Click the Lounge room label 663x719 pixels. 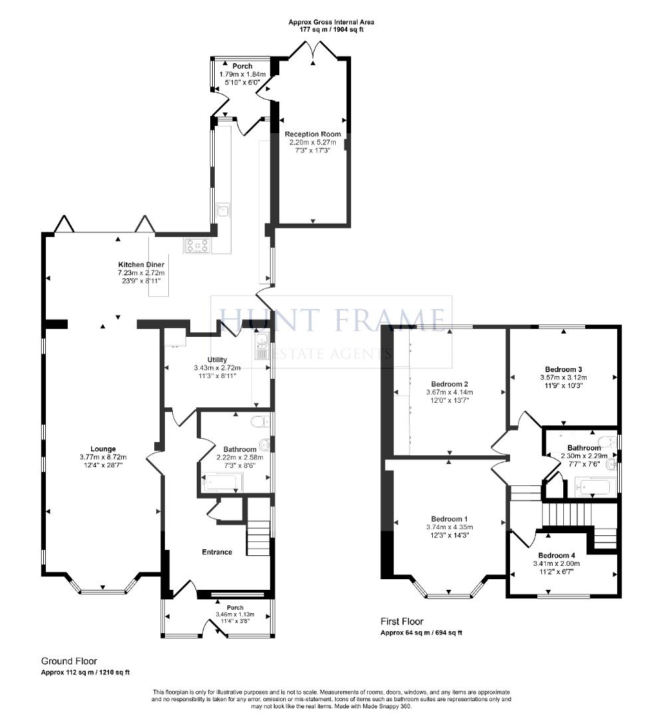(x=103, y=449)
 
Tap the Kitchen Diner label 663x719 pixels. (x=141, y=265)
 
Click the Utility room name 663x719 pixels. (x=217, y=359)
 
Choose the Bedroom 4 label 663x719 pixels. (x=557, y=555)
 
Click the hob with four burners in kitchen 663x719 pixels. (x=198, y=246)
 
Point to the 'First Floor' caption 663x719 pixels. (x=402, y=622)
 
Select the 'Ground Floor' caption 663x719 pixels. (x=69, y=661)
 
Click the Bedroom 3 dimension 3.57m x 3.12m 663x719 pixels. (x=563, y=377)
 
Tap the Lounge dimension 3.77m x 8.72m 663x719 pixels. (x=103, y=457)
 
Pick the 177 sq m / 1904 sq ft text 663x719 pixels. (x=327, y=30)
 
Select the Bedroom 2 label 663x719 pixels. (x=450, y=384)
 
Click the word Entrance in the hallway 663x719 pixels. (x=217, y=552)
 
